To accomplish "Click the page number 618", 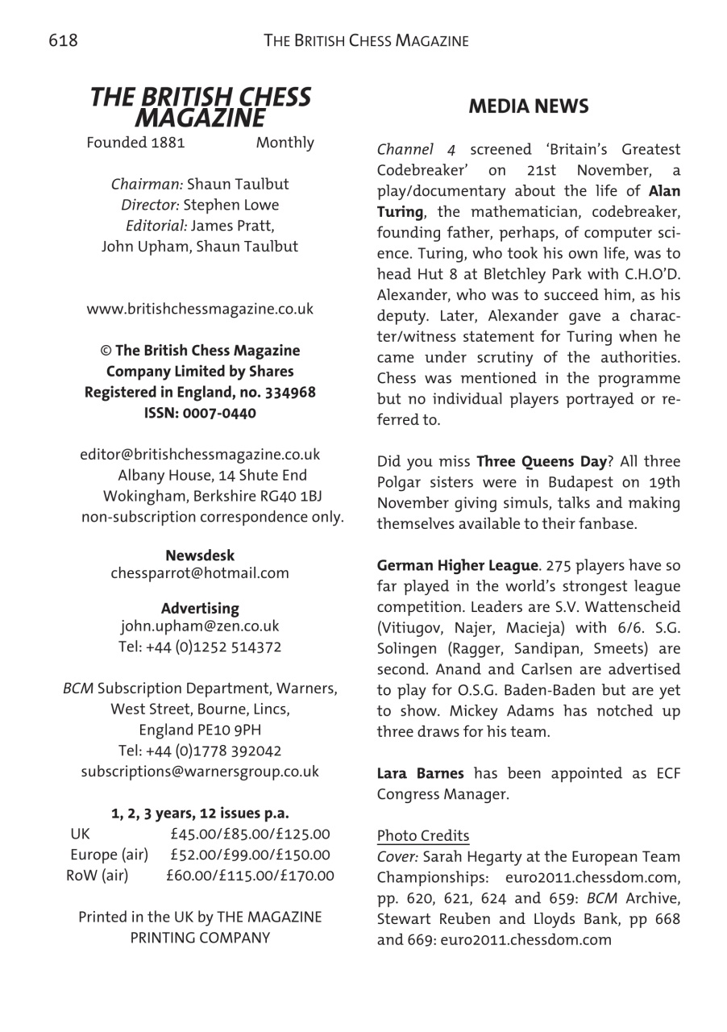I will point(63,40).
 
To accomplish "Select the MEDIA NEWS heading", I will point(528,106).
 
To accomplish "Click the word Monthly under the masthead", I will point(285,143).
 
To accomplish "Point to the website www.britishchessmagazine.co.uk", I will point(200,309).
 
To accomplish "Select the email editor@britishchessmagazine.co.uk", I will point(199,455).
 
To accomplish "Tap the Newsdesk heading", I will point(200,556).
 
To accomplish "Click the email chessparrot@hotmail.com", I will point(199,574).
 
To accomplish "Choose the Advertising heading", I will point(200,608).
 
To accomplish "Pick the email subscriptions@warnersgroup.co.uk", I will point(200,772).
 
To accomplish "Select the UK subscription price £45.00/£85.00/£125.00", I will point(250,834).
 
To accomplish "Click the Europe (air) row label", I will point(109,854).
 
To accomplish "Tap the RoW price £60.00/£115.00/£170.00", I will point(250,875).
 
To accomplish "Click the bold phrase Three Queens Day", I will point(541,462).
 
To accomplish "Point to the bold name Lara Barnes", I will point(421,773).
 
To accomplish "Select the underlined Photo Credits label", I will point(423,835).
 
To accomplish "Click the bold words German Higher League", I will point(447,565).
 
